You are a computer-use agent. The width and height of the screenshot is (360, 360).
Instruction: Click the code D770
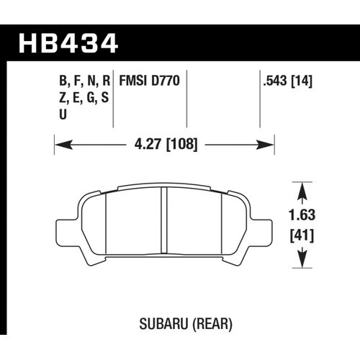(168, 82)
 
